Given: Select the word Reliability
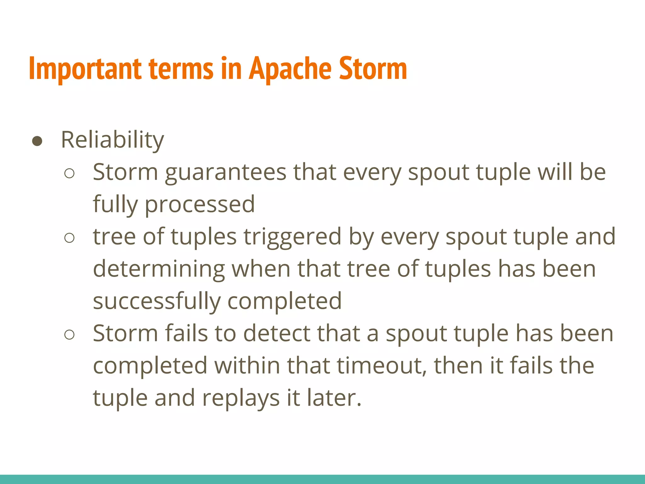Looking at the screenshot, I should (112, 140).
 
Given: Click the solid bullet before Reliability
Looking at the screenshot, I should (37, 141).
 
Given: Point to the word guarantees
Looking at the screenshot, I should (225, 172).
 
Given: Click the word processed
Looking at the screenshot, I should (200, 205).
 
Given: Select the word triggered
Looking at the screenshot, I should (292, 237).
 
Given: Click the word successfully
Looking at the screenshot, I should (157, 301).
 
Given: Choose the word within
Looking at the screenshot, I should (247, 366).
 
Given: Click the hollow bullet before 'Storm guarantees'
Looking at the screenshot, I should (69, 174).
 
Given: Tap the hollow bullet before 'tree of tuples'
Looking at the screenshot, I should (69, 238).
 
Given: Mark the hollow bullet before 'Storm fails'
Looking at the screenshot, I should (69, 335).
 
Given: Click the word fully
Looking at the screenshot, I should (115, 205).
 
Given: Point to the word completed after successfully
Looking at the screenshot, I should (284, 301).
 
